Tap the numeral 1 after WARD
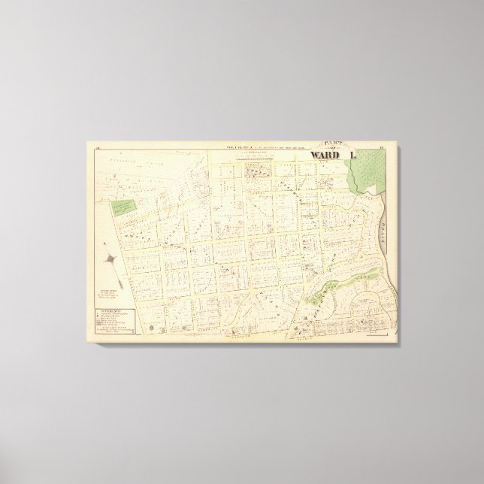point(351,156)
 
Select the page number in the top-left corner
point(99,150)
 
